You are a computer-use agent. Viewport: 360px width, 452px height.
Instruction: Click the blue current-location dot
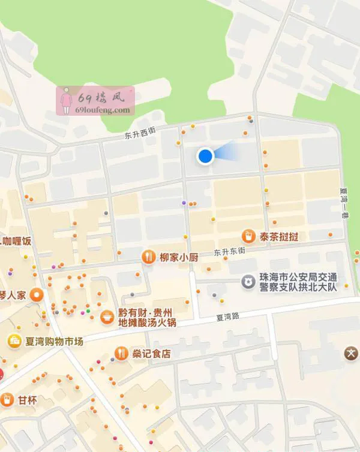click(x=206, y=156)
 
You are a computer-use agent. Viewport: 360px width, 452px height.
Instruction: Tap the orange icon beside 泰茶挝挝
click(x=247, y=236)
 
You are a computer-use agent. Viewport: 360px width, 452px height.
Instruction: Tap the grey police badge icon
click(x=247, y=281)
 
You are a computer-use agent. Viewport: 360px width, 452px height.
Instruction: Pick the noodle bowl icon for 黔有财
click(x=107, y=317)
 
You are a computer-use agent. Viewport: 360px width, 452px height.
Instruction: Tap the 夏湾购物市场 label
click(x=53, y=341)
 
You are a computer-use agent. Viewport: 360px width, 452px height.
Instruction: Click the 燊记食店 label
click(x=152, y=354)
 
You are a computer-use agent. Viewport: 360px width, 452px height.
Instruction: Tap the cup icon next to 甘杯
click(x=7, y=400)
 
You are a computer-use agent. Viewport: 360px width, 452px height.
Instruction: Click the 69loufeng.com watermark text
click(x=103, y=110)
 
